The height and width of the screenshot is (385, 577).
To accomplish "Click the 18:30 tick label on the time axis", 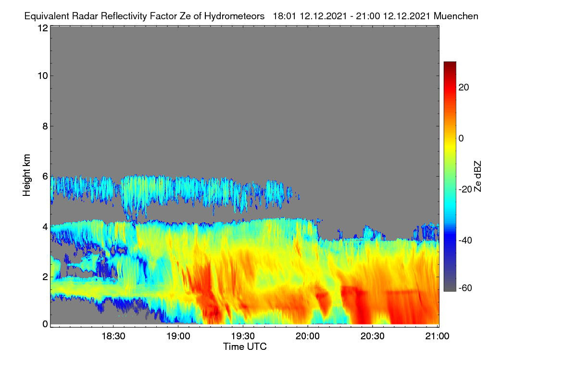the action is [x=113, y=336].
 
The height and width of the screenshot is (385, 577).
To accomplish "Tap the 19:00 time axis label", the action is [x=178, y=336].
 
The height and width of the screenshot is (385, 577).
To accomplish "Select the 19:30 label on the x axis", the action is [x=243, y=336].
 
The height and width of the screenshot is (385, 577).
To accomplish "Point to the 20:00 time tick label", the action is [x=308, y=336].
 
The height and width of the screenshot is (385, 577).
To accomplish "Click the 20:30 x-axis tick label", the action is [x=373, y=336].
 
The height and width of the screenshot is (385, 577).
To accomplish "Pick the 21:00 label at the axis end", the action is [x=437, y=336].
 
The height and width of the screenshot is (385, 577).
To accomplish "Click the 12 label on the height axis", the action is [x=43, y=28].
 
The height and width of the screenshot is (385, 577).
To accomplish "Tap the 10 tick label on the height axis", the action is [x=43, y=76].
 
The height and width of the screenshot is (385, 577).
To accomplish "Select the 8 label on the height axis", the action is [x=45, y=126].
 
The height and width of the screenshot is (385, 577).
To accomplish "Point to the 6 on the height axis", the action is [x=45, y=177].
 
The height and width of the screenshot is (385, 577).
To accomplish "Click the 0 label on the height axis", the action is [x=45, y=324].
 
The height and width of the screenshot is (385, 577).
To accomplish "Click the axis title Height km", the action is [x=26, y=175].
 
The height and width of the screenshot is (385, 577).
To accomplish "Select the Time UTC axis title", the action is [x=245, y=346].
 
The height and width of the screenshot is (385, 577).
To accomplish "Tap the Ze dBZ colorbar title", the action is [x=477, y=177].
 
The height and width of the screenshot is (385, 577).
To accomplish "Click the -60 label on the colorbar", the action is [x=465, y=288].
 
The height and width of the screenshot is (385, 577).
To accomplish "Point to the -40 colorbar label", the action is [x=465, y=240].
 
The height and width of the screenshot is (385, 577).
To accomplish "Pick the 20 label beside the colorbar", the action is [x=464, y=88].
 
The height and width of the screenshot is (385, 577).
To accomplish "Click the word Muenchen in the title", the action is [x=456, y=16].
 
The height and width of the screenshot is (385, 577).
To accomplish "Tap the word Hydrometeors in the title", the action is [x=234, y=16].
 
